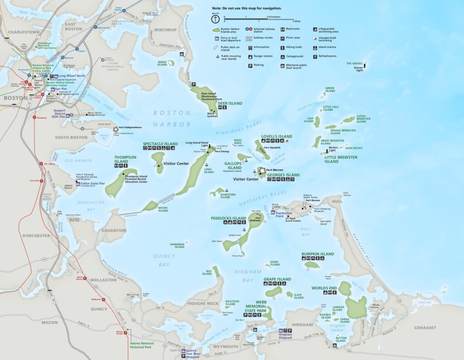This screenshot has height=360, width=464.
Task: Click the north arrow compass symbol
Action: [x=216, y=19]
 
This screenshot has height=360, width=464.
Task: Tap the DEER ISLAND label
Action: [x=230, y=103]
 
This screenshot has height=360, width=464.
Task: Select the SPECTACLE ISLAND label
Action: [x=160, y=144]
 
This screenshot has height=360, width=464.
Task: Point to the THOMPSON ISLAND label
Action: [x=121, y=159]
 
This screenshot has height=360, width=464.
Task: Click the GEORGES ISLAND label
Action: [x=283, y=175]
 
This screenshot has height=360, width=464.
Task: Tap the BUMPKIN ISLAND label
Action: [x=318, y=254]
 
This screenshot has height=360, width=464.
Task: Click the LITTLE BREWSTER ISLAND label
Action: [x=341, y=159]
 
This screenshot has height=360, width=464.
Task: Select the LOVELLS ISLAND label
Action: [x=276, y=136]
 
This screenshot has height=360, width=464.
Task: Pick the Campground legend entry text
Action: [x=295, y=56]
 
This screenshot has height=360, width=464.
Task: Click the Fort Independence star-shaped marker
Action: [x=116, y=129]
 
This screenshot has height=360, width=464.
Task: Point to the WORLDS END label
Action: [x=324, y=288]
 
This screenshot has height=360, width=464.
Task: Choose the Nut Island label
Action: [x=207, y=272]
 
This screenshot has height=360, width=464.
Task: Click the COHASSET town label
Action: [x=425, y=328]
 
